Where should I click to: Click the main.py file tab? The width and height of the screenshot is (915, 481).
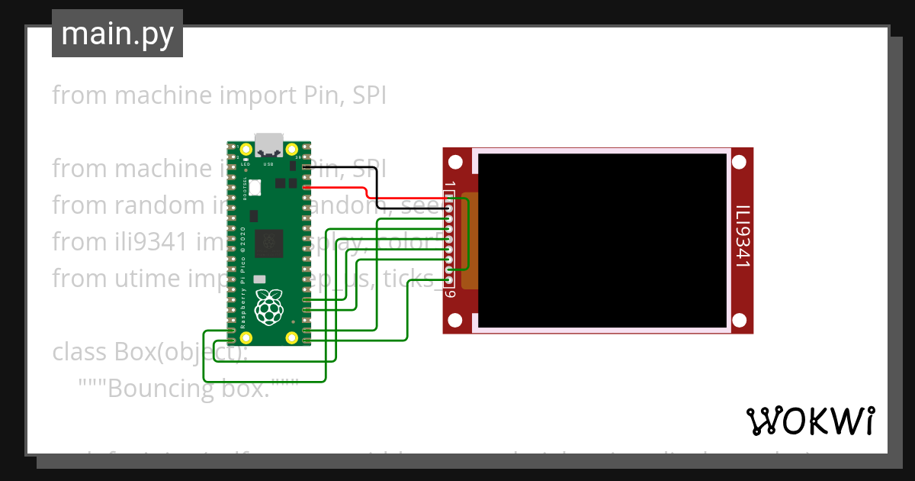(117, 34)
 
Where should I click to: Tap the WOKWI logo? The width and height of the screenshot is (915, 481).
(810, 421)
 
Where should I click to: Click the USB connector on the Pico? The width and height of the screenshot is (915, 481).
(268, 144)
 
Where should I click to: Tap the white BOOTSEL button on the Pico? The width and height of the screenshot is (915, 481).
(255, 186)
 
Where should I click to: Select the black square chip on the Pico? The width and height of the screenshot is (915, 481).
(268, 243)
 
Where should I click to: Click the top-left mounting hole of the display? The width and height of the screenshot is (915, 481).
(455, 162)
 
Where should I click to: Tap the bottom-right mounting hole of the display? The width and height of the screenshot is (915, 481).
(739, 320)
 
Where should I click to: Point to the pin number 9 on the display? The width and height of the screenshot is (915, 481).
(451, 293)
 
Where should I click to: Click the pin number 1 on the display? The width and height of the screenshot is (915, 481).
(451, 186)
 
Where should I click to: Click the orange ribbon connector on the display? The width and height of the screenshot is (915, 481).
(470, 240)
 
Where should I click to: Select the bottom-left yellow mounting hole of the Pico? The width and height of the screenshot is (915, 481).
(246, 337)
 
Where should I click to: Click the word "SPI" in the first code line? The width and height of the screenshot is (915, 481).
(368, 96)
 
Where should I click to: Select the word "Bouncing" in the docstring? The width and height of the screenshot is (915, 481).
(149, 389)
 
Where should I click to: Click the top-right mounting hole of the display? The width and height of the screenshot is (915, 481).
(739, 162)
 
